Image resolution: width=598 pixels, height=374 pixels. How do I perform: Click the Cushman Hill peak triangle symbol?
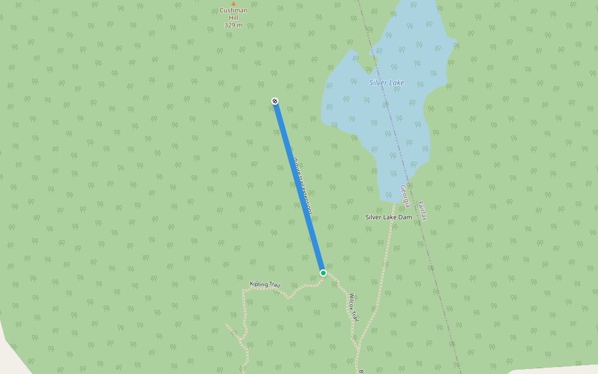click(234, 4)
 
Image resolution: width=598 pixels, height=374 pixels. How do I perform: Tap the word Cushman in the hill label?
click(234, 11)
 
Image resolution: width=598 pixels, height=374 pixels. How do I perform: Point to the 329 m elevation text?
click(233, 26)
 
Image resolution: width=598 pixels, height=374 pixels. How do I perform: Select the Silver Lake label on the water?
click(386, 83)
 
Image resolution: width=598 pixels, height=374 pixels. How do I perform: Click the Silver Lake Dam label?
click(388, 218)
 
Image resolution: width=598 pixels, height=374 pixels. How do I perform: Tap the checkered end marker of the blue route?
click(275, 101)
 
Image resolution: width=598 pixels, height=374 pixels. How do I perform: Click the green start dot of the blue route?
click(323, 273)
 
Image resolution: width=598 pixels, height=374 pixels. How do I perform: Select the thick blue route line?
click(299, 187)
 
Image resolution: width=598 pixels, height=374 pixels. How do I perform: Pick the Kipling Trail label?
click(265, 285)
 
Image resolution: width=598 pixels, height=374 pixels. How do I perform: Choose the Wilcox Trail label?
click(353, 307)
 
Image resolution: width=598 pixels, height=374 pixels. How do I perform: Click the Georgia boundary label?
click(405, 196)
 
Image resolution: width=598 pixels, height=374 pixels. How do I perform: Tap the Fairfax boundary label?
click(422, 211)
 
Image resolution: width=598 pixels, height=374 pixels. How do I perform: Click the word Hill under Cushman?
click(234, 18)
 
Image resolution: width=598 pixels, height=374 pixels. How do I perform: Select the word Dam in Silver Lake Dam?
click(405, 218)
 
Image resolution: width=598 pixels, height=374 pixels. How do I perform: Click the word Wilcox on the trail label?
click(352, 301)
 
